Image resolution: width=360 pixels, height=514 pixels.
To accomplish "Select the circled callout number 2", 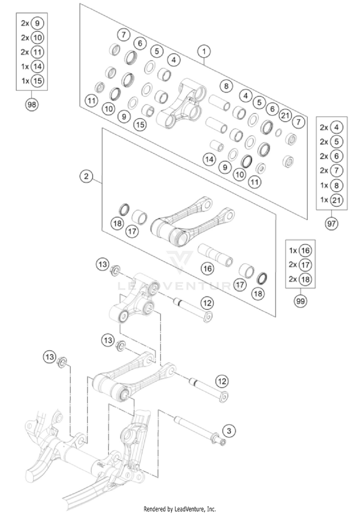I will coord(86,177).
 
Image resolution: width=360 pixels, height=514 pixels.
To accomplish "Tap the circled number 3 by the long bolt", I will coord(229,431).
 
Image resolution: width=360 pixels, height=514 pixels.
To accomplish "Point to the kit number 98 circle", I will coord(33,105).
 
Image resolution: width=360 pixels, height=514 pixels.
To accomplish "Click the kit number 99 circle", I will coord(301,301).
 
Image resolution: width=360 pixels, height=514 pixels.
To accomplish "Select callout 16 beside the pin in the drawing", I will coord(207,269).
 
